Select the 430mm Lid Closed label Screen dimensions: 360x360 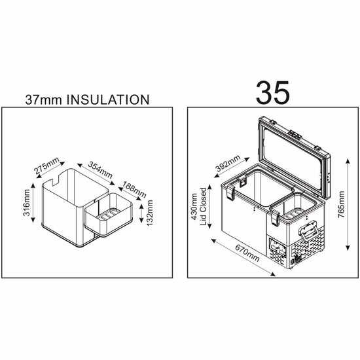click(x=198, y=211)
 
